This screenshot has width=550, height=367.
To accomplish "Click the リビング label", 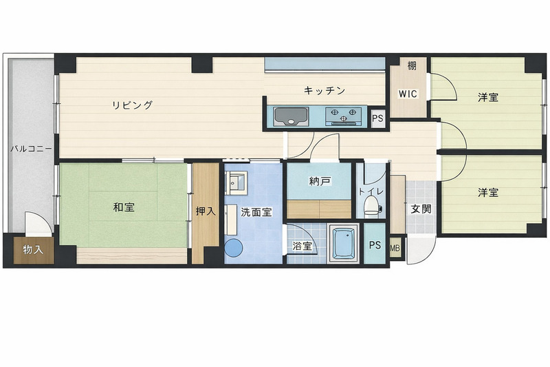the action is [x=132, y=105].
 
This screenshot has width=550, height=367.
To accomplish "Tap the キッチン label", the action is [x=324, y=90].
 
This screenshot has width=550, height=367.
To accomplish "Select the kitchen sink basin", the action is [x=291, y=116].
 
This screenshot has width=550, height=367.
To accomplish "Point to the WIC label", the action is [x=408, y=94].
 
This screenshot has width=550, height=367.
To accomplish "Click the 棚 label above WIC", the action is [x=412, y=65].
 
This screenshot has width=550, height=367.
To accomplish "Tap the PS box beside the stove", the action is [x=377, y=118].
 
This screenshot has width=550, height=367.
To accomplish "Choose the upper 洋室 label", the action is [x=488, y=97].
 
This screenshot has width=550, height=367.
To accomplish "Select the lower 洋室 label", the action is [x=488, y=192].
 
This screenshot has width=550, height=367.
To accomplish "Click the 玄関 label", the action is [x=421, y=209].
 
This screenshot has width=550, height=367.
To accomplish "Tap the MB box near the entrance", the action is [x=395, y=248].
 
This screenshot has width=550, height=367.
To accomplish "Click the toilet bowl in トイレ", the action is [x=371, y=205].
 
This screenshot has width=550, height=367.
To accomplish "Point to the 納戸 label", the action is [x=320, y=181].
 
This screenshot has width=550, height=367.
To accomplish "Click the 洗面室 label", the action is [x=256, y=212].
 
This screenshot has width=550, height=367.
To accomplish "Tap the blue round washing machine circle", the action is [x=234, y=248].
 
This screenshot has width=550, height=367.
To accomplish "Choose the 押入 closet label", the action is [x=206, y=211].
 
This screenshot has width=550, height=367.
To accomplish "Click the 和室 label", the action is [x=124, y=207].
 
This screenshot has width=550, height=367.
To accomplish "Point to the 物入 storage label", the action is [x=33, y=250].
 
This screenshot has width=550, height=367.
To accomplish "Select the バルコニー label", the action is [x=31, y=149].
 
